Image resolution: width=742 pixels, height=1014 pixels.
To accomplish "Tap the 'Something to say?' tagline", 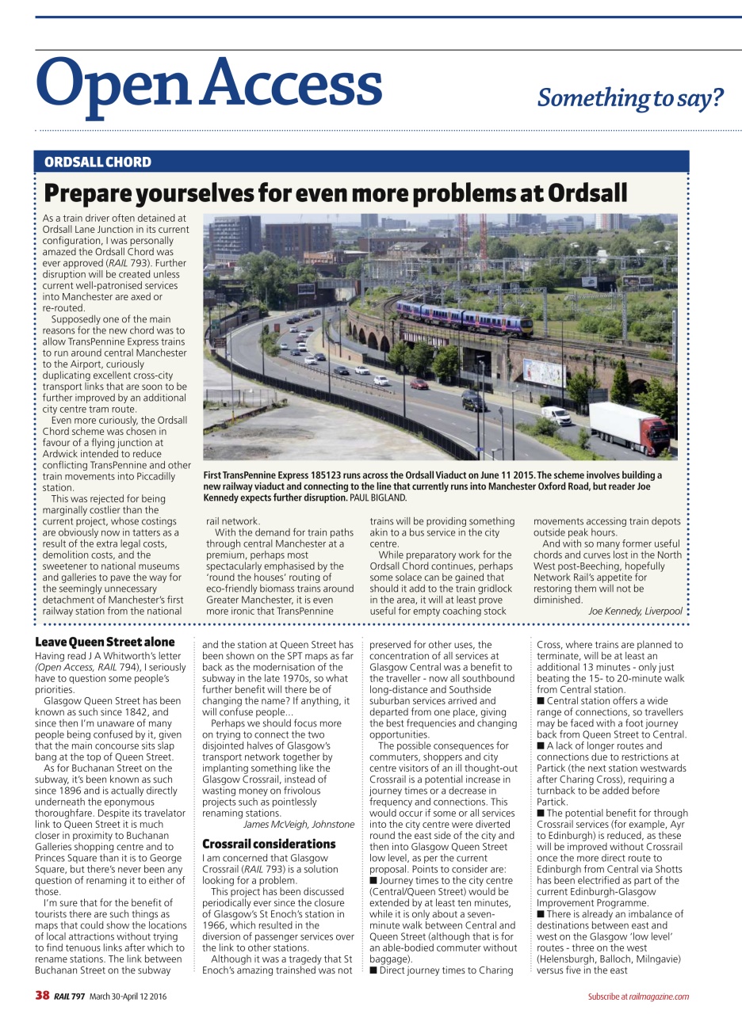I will [630, 97].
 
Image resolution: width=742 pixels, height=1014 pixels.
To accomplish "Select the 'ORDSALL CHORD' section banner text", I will [98, 162].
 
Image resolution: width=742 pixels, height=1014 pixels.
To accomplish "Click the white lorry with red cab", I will [629, 427].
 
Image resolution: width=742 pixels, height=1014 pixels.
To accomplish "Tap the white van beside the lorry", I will [556, 415].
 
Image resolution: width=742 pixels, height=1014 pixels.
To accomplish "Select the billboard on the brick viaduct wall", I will [544, 372].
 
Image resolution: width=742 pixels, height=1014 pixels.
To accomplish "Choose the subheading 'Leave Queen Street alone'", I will [105, 642].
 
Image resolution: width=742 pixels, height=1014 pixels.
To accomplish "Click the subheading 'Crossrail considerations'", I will [269, 844].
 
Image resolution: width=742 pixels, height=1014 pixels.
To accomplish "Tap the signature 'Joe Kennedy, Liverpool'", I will [634, 611].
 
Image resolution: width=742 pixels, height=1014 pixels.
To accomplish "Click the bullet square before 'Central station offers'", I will [540, 701].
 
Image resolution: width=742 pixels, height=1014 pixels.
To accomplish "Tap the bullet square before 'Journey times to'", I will [373, 880].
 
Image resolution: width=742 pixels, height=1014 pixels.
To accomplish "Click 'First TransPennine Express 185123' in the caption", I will [276, 475].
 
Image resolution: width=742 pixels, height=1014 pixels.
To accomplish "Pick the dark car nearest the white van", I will [475, 401].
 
